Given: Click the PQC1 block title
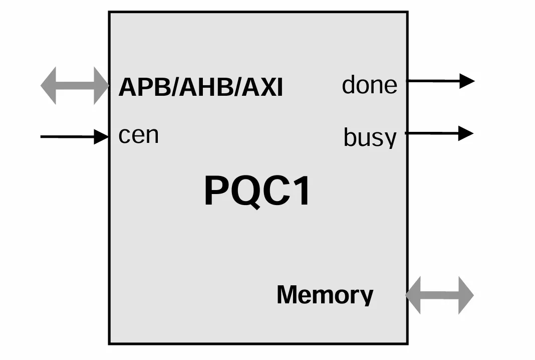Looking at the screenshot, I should point(257,191).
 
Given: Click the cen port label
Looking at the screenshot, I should point(138,135).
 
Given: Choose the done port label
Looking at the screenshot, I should point(369,85).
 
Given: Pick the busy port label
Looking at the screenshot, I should point(370,137).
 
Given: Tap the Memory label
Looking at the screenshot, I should point(325,295).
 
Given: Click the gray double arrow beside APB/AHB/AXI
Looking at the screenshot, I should point(75,86).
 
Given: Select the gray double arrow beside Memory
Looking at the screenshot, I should point(439,295).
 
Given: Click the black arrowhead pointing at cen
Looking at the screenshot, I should point(102,136).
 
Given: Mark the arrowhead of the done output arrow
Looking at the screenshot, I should point(467,80).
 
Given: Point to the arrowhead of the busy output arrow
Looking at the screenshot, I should point(466,133).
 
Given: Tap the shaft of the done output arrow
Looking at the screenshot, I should point(433,80).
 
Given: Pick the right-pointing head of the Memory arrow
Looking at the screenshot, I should point(465,295).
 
